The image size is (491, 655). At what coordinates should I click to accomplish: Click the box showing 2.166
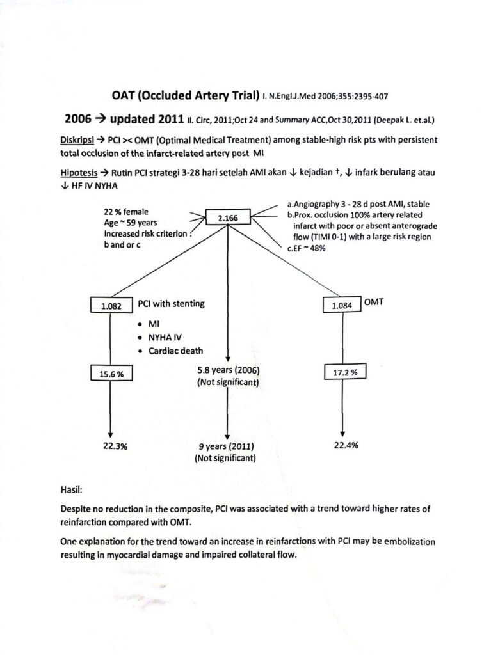coord(229,219)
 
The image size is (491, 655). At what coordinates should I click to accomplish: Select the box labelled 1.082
coord(111,306)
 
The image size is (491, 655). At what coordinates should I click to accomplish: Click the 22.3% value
coord(115,446)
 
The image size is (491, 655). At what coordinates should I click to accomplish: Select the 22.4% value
coord(346,446)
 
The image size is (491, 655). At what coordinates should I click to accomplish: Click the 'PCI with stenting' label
coord(172,304)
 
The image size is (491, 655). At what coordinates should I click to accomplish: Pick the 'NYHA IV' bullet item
coord(166,338)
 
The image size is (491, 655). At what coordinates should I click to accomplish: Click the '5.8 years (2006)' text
coord(229,370)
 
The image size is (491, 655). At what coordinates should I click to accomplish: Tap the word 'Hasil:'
coord(73,491)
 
